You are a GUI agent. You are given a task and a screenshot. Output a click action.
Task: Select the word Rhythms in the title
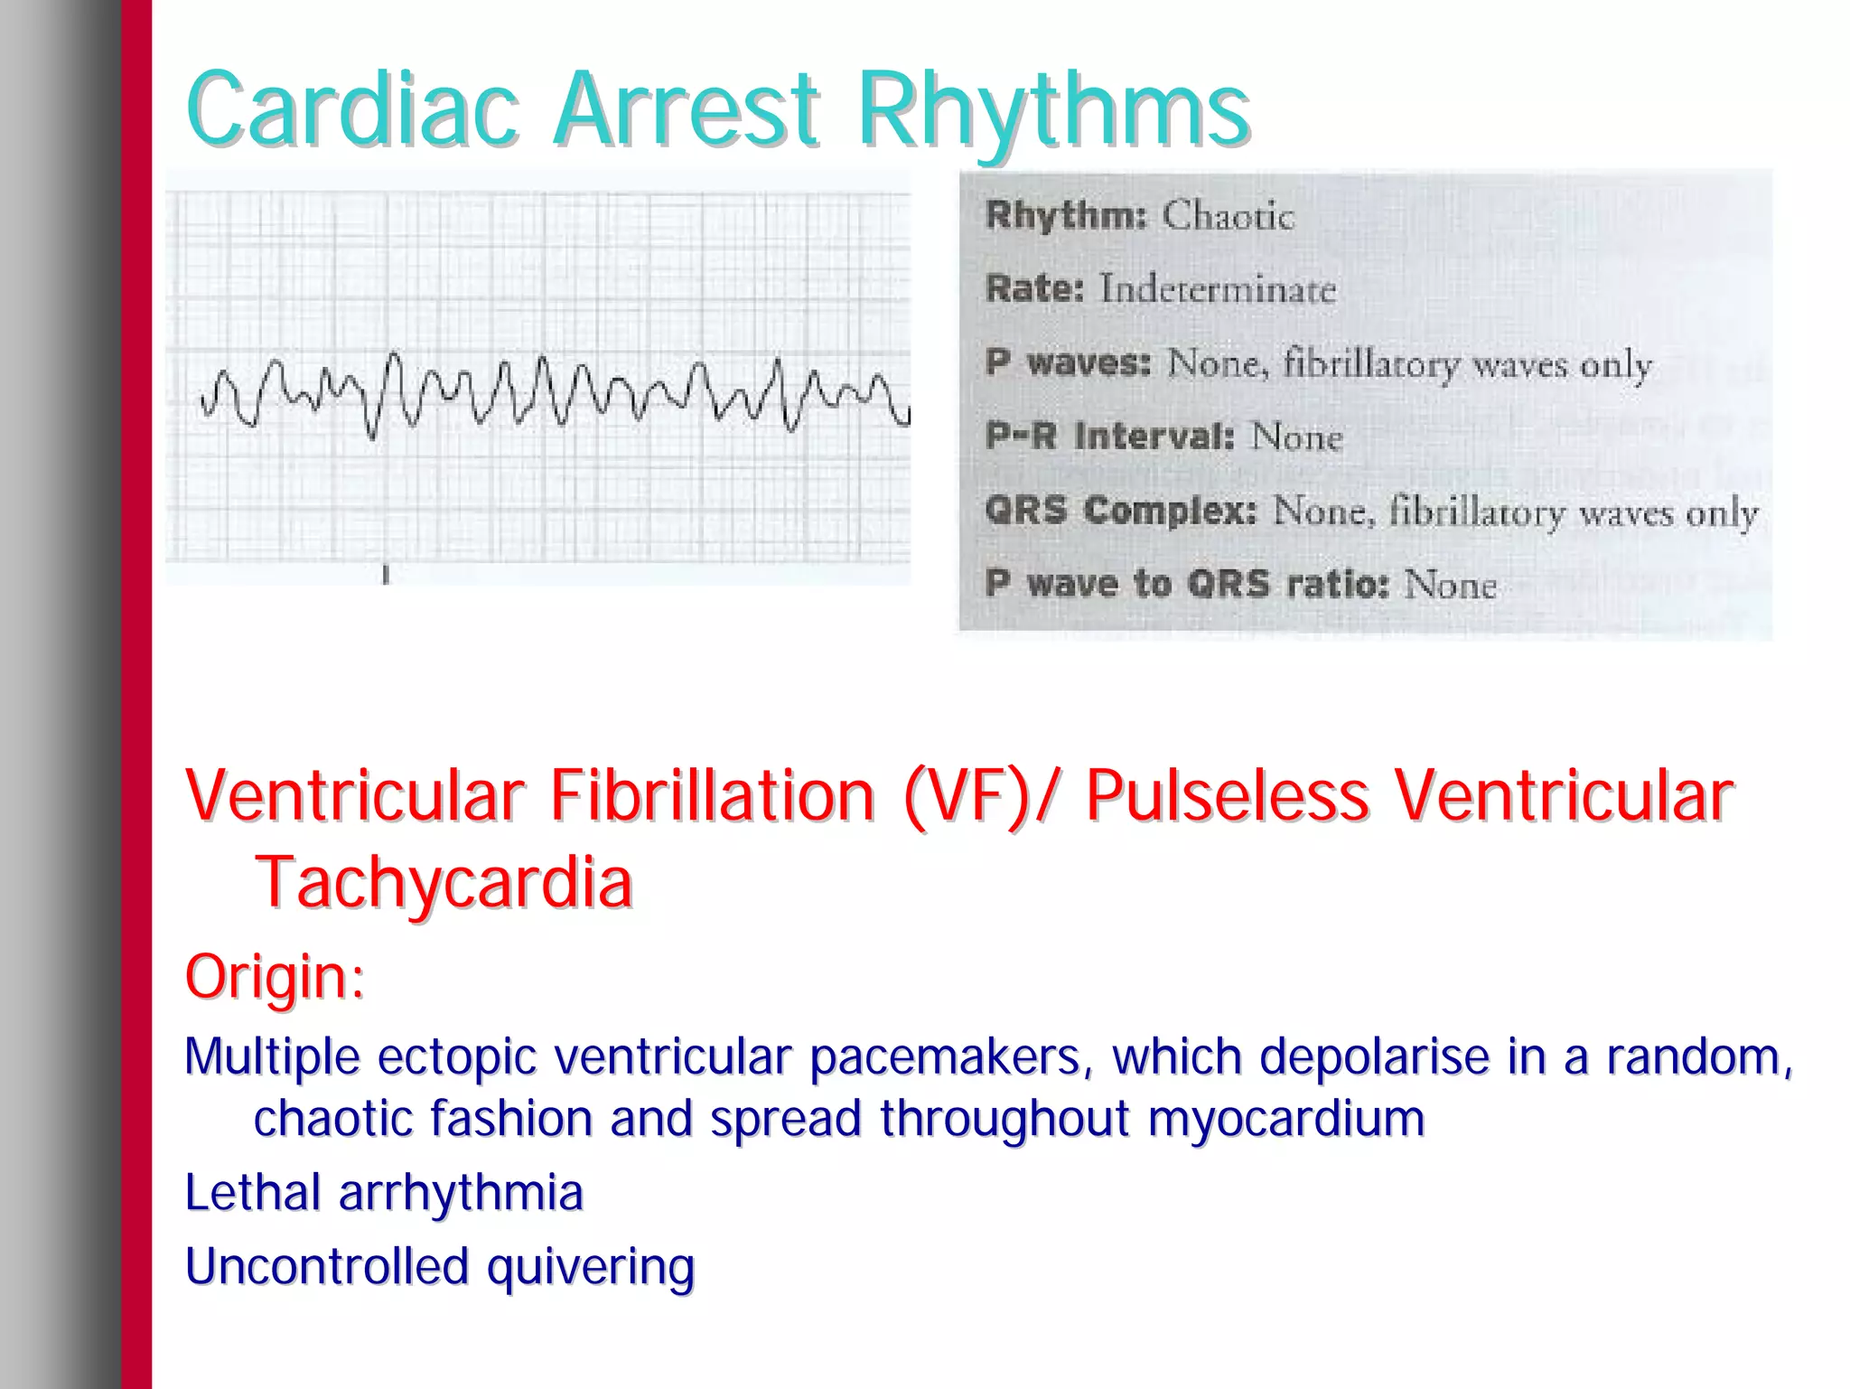click(1052, 113)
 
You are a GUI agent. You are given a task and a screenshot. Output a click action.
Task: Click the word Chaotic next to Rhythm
click(1228, 216)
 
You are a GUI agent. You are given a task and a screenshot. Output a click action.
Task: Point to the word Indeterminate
click(1217, 290)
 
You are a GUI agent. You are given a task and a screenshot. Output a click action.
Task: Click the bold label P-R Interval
click(1109, 436)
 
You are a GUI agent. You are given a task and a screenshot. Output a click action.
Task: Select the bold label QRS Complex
click(1120, 511)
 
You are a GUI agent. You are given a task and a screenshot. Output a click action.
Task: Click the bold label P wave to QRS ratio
click(1186, 584)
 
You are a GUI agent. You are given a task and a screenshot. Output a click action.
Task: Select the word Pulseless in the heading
click(1227, 795)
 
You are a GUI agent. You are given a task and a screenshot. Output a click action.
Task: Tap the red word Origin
click(273, 977)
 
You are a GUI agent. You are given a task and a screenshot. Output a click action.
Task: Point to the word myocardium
click(1285, 1119)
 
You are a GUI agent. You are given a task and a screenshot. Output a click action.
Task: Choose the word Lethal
click(252, 1192)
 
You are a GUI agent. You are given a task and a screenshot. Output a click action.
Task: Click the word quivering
click(591, 1267)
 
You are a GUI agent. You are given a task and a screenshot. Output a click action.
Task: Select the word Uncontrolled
click(326, 1266)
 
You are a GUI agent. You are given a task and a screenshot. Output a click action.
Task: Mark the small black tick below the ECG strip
click(386, 574)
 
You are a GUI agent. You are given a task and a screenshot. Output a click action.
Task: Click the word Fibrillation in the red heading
click(711, 795)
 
